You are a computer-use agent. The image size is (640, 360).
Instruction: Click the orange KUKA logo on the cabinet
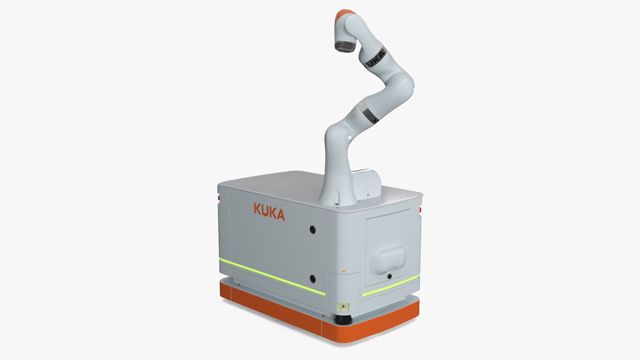pyautogui.click(x=269, y=211)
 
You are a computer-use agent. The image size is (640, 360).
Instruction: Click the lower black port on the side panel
pyautogui.click(x=313, y=278)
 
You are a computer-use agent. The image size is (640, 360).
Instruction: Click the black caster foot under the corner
pyautogui.click(x=343, y=320)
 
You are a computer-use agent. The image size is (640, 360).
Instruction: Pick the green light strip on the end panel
pyautogui.click(x=390, y=286)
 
